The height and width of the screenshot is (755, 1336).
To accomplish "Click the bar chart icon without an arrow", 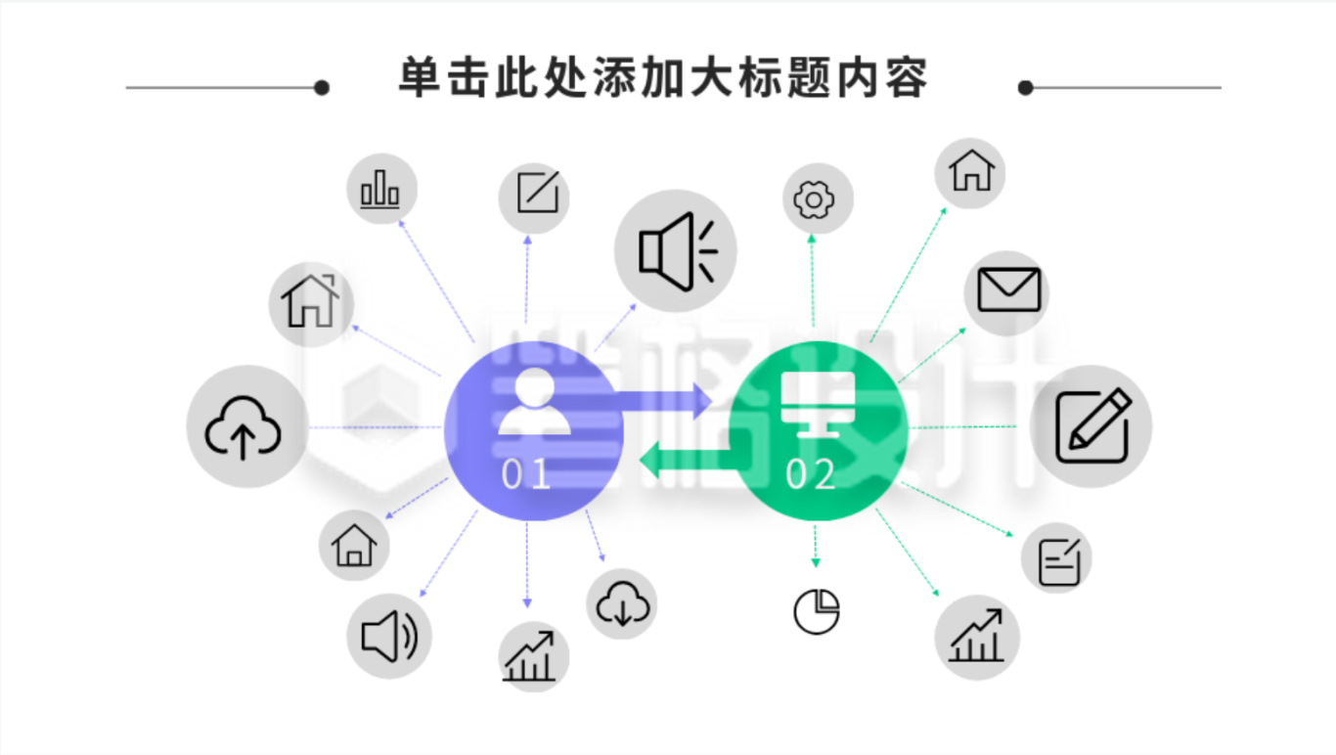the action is point(379,189).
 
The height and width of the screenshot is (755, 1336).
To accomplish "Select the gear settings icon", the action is point(814,200).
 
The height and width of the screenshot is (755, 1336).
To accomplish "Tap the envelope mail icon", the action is point(1009,289).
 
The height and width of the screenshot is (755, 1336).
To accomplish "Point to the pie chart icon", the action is point(817,612).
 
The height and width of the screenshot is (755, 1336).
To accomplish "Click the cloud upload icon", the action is point(243,427).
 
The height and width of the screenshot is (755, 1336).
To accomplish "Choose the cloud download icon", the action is point(623,603).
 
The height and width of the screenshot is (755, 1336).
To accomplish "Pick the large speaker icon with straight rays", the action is point(678,251).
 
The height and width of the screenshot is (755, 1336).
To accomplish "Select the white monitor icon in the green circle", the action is point(818,404).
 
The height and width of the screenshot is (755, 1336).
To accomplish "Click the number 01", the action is point(525,474).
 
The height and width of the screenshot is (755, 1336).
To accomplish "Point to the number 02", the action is point(810,474).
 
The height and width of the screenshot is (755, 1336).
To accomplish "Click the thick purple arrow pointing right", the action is point(662,400).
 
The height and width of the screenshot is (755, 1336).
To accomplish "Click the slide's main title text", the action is point(663,77).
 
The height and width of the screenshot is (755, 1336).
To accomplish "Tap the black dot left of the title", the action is point(322,88).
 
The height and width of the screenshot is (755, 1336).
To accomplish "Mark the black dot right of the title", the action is point(1025,88).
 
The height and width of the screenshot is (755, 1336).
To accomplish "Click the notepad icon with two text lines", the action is point(1059,561).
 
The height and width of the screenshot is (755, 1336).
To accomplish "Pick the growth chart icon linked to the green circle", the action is point(976,636).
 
